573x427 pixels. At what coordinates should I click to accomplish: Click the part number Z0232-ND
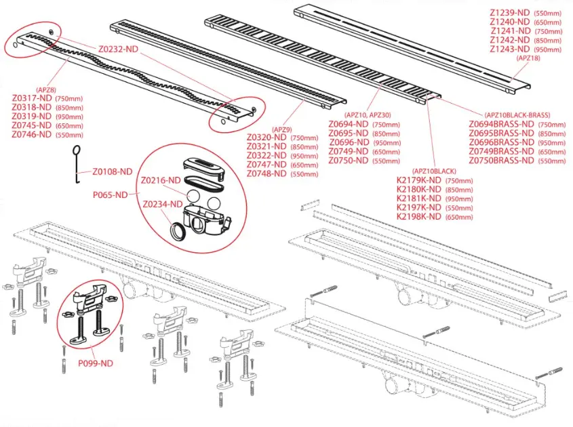pos(119,49)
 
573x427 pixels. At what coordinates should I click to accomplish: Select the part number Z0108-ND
pos(113,171)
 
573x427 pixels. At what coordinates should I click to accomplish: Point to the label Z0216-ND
pos(161,180)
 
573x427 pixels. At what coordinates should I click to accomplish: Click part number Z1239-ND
pos(510,13)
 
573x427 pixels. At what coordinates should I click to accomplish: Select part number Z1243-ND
pos(510,49)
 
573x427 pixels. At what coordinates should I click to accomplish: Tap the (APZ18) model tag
pos(528,59)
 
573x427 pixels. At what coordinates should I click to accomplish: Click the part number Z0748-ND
pos(267,174)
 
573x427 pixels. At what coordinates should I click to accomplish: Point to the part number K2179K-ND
pos(419,180)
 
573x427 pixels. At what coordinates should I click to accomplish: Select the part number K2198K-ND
pos(419,216)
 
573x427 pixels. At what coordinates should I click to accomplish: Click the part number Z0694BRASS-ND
pos(502,125)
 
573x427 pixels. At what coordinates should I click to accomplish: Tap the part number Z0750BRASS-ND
pos(502,161)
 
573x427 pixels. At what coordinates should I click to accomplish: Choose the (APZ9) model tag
pos(282,129)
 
